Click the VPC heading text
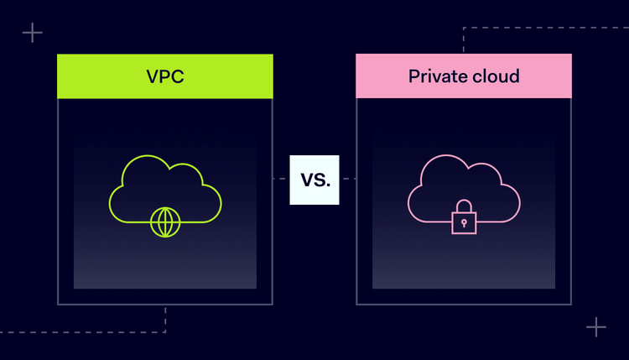click(164, 76)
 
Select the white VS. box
click(314, 180)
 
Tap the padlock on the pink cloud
click(464, 221)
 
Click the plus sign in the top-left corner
click(33, 34)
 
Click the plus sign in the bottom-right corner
click(595, 326)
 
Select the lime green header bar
click(92, 76)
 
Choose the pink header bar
click(377, 76)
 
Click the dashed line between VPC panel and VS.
click(281, 179)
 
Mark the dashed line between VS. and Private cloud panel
click(348, 179)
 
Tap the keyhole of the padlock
click(464, 224)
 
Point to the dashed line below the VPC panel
click(165, 319)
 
